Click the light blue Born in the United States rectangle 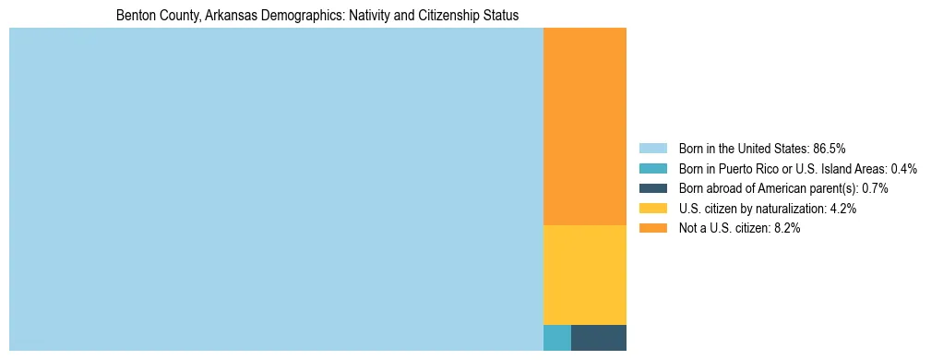click(276, 189)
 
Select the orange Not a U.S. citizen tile click(585, 126)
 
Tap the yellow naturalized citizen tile click(585, 275)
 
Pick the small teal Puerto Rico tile click(557, 338)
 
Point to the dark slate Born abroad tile click(599, 338)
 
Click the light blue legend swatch click(653, 149)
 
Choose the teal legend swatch click(653, 169)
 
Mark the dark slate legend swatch click(653, 188)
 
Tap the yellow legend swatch click(653, 209)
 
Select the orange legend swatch click(653, 229)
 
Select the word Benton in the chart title click(135, 17)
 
